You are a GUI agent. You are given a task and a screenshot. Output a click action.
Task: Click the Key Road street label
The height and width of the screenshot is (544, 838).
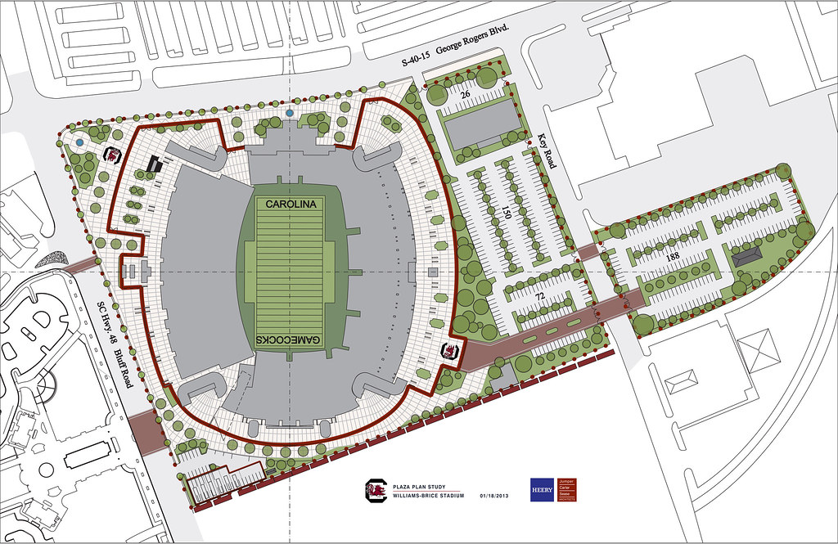click(544, 152)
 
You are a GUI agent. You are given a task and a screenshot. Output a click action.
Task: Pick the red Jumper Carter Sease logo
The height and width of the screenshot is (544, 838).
click(567, 489)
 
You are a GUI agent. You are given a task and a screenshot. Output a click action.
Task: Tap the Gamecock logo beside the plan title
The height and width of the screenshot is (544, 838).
click(376, 489)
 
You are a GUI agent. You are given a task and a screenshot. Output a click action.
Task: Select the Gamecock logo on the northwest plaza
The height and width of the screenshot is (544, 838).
click(113, 155)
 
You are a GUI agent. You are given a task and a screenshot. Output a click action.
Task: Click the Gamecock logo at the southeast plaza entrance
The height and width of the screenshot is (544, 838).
click(448, 352)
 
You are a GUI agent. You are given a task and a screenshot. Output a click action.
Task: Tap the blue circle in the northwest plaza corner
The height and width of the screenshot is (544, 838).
click(79, 142)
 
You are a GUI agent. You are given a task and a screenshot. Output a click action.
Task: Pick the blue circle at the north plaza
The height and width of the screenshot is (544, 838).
click(291, 111)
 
